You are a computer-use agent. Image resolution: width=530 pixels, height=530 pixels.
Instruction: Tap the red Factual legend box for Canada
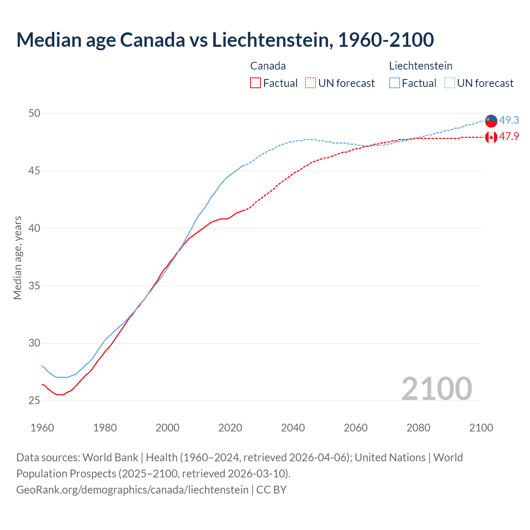[x=255, y=83]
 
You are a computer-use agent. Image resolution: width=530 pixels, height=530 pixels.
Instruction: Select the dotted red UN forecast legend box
[x=311, y=83]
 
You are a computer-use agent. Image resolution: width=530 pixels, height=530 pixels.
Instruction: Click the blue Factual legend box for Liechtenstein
[x=395, y=83]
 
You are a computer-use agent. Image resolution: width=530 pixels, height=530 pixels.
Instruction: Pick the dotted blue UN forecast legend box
[x=450, y=83]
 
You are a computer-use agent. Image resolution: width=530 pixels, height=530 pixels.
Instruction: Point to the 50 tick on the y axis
[x=34, y=113]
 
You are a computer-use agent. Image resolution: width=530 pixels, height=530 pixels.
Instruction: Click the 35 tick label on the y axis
[x=34, y=286]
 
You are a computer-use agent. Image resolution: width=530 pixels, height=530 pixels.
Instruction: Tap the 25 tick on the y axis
[x=34, y=400]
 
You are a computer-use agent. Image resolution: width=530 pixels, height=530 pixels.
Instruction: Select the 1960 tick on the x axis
[x=42, y=428]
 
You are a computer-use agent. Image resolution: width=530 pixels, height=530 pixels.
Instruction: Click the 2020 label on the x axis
[x=230, y=428]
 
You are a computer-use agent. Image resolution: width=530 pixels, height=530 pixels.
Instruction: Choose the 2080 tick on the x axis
[x=418, y=428]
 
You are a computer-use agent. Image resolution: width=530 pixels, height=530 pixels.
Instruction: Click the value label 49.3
[x=509, y=120]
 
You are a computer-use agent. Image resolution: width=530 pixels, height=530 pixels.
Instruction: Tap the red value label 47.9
[x=509, y=136]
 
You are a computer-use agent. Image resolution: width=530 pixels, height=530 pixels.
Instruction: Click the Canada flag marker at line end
[x=491, y=137]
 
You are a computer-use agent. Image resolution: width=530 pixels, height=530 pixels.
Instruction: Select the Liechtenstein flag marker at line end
[x=491, y=121]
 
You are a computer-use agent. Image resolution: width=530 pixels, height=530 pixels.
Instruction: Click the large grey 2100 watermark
[x=436, y=388]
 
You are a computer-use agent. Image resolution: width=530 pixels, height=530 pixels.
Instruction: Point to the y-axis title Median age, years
[x=17, y=258]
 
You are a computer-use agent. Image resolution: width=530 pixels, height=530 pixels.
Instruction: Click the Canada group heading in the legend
[x=268, y=66]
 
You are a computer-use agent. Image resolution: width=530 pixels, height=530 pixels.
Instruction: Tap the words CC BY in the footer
[x=271, y=490]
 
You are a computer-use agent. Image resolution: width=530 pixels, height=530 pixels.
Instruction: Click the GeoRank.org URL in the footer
[x=132, y=490]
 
